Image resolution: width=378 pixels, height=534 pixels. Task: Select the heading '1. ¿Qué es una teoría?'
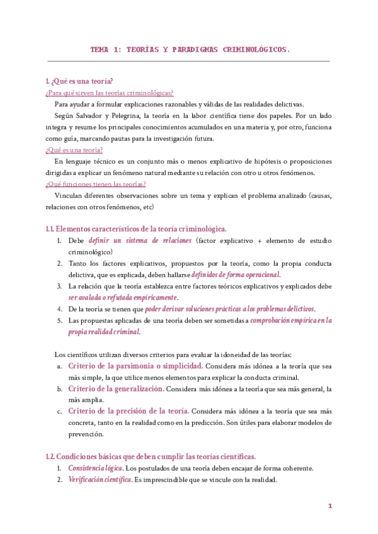79,81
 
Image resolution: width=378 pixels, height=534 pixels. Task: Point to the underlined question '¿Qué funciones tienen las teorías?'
96,184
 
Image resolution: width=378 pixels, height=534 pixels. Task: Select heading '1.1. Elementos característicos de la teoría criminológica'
137,229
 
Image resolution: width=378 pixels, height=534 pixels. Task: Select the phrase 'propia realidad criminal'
104,331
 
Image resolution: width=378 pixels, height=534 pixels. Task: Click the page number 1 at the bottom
329,506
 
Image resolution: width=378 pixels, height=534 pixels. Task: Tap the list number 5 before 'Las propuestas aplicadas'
59,321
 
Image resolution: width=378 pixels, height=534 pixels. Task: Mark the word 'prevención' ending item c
86,434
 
